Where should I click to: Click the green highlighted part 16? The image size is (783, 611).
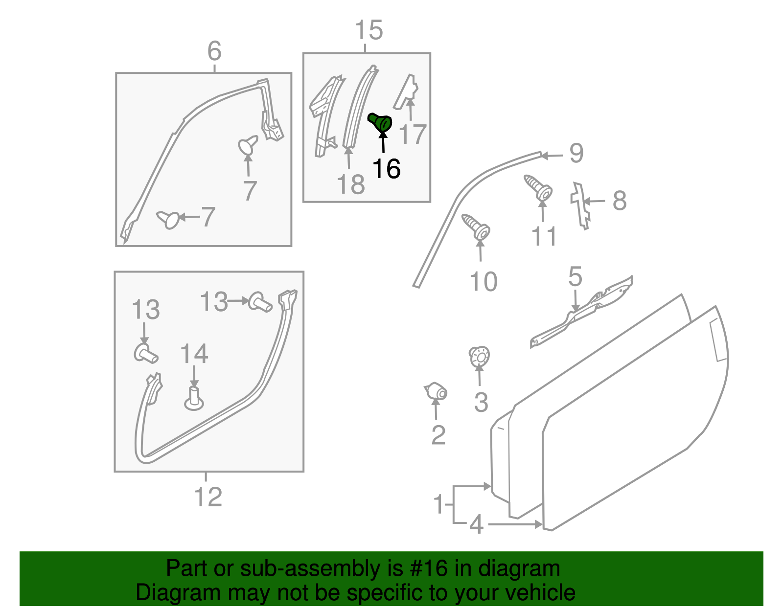coord(380,122)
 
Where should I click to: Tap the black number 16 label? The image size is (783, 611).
coord(386,169)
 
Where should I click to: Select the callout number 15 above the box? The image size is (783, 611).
coord(368,30)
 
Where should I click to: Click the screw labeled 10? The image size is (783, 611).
coord(477,227)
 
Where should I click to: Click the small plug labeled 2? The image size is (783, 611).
coord(436,391)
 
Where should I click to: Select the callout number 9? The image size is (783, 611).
coord(576,154)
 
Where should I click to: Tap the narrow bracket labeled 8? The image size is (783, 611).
coord(580,205)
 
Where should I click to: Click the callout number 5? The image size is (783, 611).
coord(575,277)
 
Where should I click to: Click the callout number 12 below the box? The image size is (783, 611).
coord(208,497)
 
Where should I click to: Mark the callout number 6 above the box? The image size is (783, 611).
coord(214,51)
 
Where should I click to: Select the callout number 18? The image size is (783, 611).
coord(351,185)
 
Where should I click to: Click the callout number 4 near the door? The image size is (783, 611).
coord(476,524)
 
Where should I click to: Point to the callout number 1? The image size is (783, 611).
coord(439,504)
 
